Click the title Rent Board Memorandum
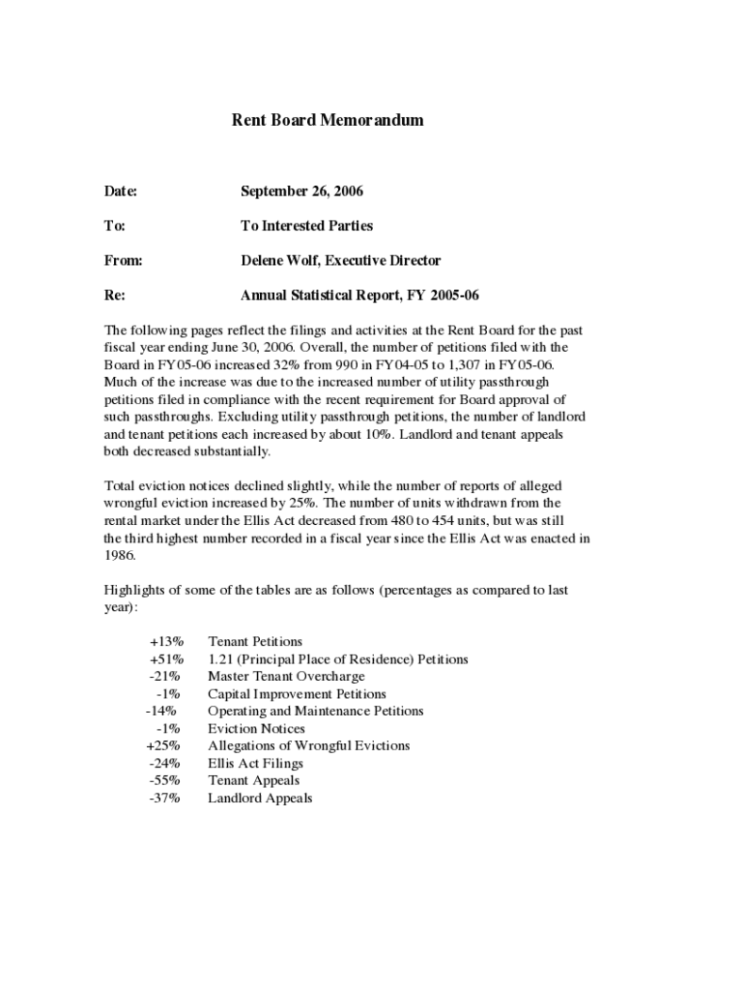click(x=328, y=121)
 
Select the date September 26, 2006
click(x=301, y=191)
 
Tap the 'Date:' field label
click(x=121, y=191)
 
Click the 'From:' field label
click(x=124, y=261)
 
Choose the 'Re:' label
click(x=114, y=296)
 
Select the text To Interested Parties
click(x=306, y=226)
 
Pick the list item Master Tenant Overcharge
click(x=286, y=677)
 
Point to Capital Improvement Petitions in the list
click(x=297, y=694)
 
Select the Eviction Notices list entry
click(x=256, y=729)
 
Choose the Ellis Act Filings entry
click(x=255, y=764)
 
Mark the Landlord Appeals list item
click(x=260, y=799)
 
